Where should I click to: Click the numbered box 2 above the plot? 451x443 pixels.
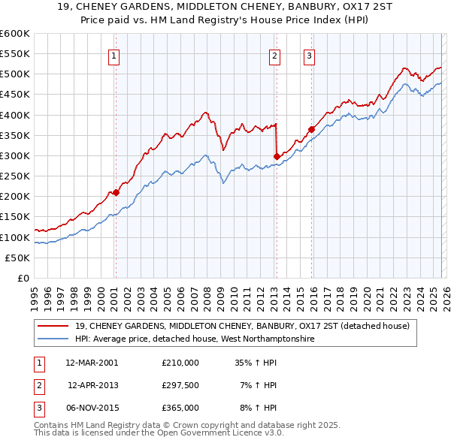(275, 55)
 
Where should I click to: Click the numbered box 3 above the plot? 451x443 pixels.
(309, 55)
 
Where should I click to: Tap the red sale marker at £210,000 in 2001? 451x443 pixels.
(116, 192)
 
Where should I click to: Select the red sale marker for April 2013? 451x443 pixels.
(277, 156)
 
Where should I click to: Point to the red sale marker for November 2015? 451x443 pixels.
(311, 128)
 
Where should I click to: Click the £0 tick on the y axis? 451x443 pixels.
(23, 278)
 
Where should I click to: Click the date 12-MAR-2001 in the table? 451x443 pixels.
(92, 362)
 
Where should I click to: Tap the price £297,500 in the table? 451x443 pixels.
(180, 385)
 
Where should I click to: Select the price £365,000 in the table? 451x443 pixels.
(180, 408)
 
